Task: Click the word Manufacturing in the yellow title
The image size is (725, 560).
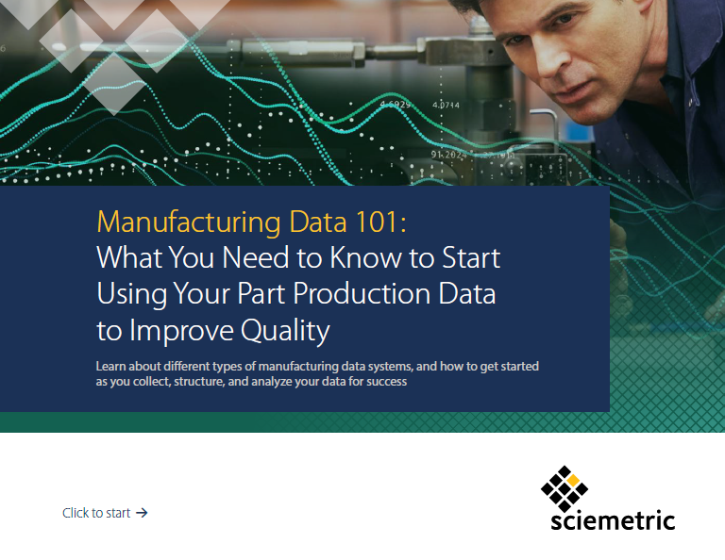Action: [188, 222]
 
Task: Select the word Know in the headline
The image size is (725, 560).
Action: [365, 257]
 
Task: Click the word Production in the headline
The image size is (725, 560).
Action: [362, 294]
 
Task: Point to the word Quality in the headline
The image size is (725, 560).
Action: [285, 331]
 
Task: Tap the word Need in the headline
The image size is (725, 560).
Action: [256, 257]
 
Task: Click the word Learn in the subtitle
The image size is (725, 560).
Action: [110, 366]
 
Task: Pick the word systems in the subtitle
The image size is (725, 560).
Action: [389, 367]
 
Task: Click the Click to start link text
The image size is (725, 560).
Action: [96, 513]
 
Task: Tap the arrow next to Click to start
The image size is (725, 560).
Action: [142, 513]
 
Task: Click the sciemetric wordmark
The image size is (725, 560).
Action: [613, 520]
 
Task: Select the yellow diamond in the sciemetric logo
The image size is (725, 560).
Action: [573, 480]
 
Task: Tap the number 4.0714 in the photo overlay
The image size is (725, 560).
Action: [446, 106]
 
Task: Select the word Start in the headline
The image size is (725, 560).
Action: [471, 257]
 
